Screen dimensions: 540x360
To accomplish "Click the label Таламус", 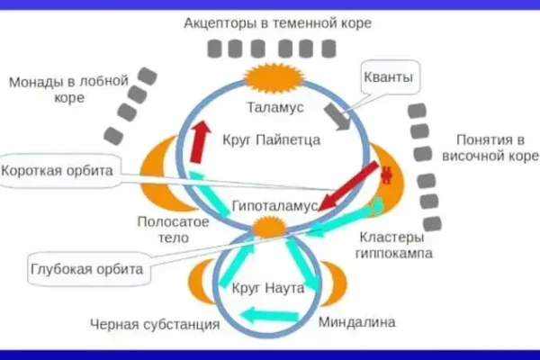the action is point(275,107).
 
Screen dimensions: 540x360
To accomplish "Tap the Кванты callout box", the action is point(390,77).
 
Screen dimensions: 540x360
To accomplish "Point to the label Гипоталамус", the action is point(274,206).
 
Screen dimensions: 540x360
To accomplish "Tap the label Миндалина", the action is point(358,321).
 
